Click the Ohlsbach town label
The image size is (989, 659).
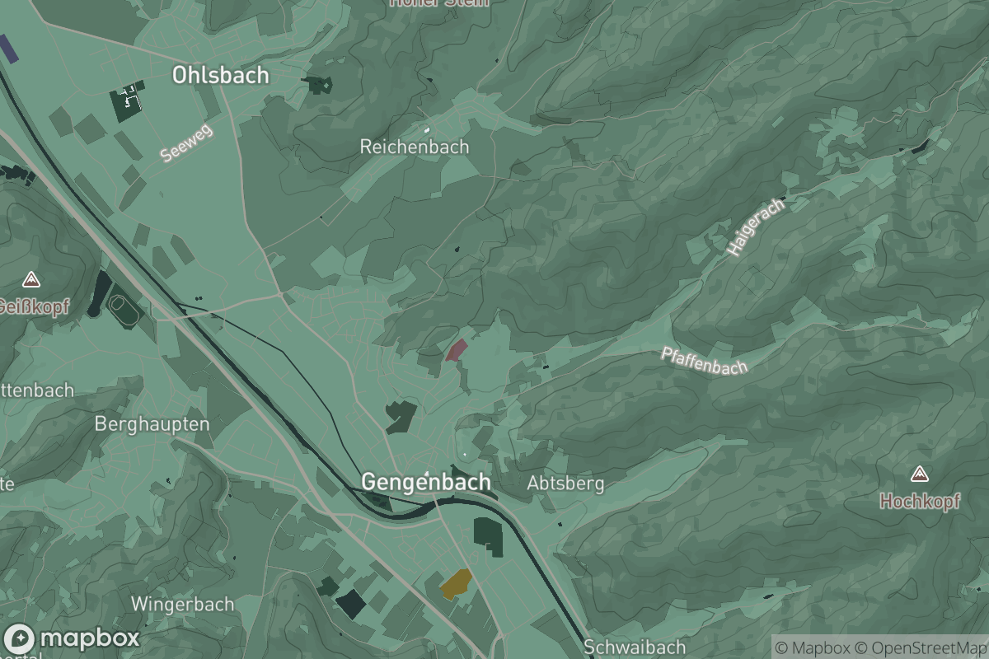220,75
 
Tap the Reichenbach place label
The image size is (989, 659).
414,147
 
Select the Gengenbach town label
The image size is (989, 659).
425,482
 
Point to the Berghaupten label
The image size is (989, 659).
152,424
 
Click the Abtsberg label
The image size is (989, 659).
565,484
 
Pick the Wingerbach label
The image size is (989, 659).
182,604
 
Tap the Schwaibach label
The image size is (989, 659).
622,647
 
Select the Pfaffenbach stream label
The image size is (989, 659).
704,361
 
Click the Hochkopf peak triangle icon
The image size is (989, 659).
919,474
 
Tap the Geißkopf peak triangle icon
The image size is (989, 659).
31,279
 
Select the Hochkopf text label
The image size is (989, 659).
920,501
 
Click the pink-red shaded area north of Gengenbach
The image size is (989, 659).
456,349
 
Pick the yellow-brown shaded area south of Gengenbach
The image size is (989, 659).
456,583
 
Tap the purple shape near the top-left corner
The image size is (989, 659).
8,49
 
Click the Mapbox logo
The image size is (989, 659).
72,638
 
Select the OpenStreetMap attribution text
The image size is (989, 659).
921,647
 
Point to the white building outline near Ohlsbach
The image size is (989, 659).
130,98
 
